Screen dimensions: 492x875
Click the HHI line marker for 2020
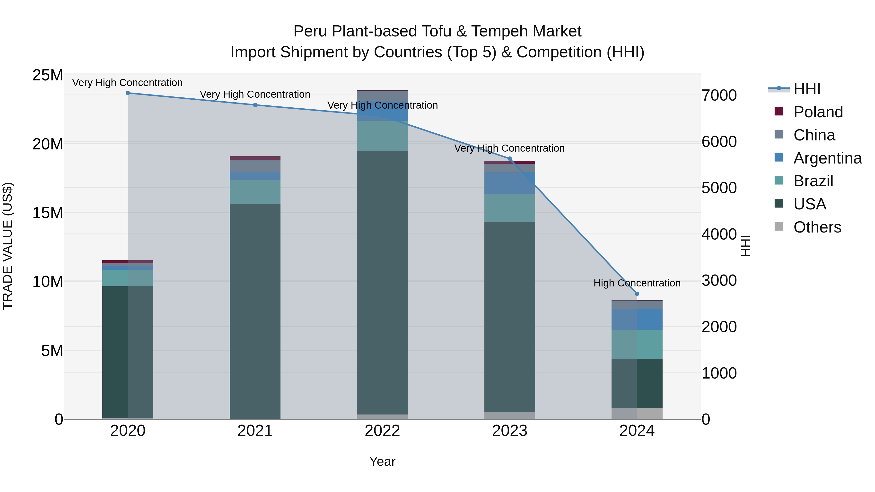click(128, 93)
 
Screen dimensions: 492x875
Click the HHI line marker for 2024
click(637, 294)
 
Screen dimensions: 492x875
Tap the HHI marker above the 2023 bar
click(509, 159)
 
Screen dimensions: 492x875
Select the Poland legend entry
click(818, 112)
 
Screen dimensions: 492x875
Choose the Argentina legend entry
click(827, 158)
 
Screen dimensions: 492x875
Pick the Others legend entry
click(817, 227)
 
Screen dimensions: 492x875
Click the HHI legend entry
click(806, 89)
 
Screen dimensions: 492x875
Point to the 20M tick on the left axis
click(48, 144)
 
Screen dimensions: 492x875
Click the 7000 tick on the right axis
click(719, 95)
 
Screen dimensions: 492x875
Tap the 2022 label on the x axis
click(382, 431)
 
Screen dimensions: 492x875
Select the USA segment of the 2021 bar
click(255, 311)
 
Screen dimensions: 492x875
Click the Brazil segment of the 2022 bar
click(382, 136)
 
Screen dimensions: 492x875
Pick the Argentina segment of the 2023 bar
click(509, 183)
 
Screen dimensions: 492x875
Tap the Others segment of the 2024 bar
click(637, 413)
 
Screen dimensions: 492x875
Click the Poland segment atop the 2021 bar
click(255, 158)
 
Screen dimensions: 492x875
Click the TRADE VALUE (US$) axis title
click(8, 246)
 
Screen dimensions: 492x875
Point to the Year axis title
click(382, 461)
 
